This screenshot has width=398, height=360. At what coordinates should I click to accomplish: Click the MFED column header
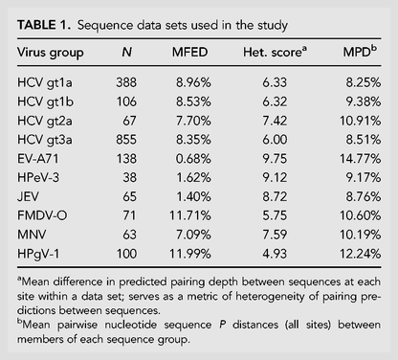coord(189,52)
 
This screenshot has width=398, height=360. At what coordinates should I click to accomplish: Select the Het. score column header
coord(275,52)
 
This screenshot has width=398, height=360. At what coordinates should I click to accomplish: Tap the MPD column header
coord(360,51)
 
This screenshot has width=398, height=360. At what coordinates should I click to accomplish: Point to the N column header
coord(127,52)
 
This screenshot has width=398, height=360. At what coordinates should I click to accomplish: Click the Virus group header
coord(51,53)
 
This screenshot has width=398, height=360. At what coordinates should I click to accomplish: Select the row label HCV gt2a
coord(45,122)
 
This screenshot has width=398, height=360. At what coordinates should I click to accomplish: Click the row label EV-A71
coord(38,159)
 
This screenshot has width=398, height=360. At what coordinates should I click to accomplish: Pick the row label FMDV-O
coord(42,215)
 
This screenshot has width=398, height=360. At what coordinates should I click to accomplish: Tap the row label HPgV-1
coord(38,255)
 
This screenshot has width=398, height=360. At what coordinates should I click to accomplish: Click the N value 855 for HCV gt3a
coord(126,140)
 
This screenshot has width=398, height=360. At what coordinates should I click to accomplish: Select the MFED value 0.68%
coord(193,159)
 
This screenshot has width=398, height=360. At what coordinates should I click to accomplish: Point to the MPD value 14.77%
coord(360,159)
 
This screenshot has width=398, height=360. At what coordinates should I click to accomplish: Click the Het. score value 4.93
coord(275,254)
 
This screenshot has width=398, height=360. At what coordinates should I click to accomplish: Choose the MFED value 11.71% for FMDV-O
coord(190,215)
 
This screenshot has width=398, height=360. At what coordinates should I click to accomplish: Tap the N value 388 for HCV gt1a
coord(126,82)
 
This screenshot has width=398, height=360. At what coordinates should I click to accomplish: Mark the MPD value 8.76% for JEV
coord(364,196)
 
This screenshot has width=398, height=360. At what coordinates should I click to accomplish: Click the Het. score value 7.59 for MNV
coord(275,235)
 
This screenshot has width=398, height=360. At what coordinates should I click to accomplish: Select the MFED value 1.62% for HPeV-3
coord(193,177)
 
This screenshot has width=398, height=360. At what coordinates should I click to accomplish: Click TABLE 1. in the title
coord(44,25)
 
